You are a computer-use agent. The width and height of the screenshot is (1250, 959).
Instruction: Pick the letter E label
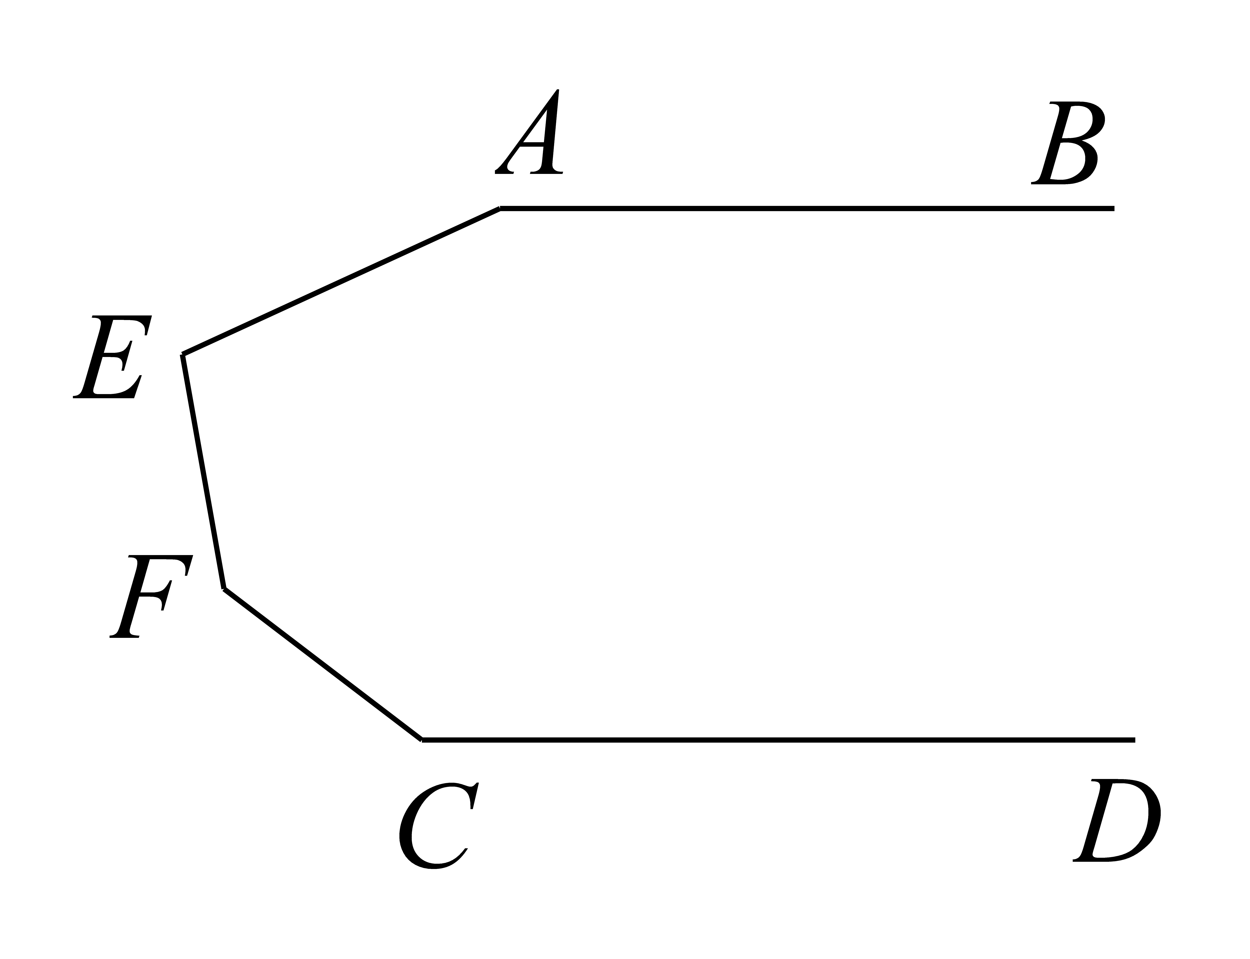point(112,357)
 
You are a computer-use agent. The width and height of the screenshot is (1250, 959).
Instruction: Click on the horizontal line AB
point(807,208)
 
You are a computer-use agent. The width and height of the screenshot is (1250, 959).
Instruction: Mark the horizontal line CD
point(778,740)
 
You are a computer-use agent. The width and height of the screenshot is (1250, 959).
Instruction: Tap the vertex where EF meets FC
point(224,589)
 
